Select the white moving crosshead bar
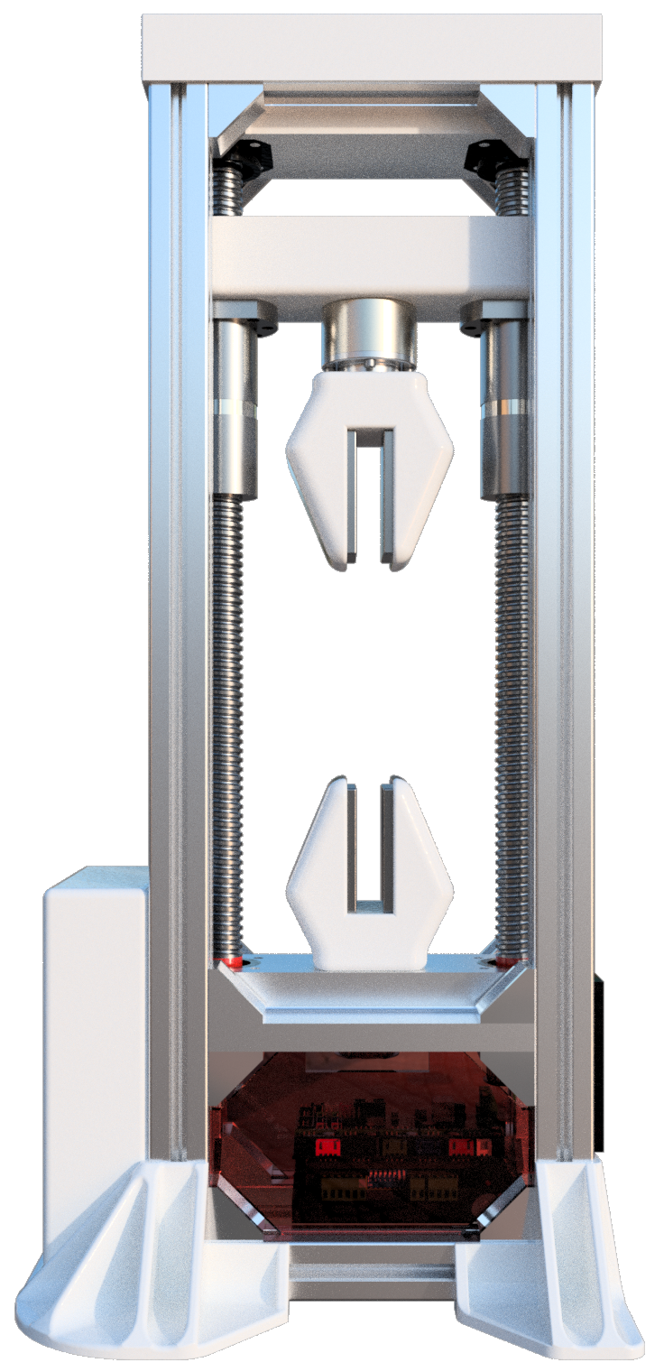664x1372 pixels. (x=370, y=257)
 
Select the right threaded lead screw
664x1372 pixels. (x=512, y=722)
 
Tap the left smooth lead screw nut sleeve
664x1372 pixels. (x=235, y=406)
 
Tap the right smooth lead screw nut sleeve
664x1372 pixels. (x=503, y=406)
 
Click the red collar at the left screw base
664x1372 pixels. (x=235, y=961)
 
